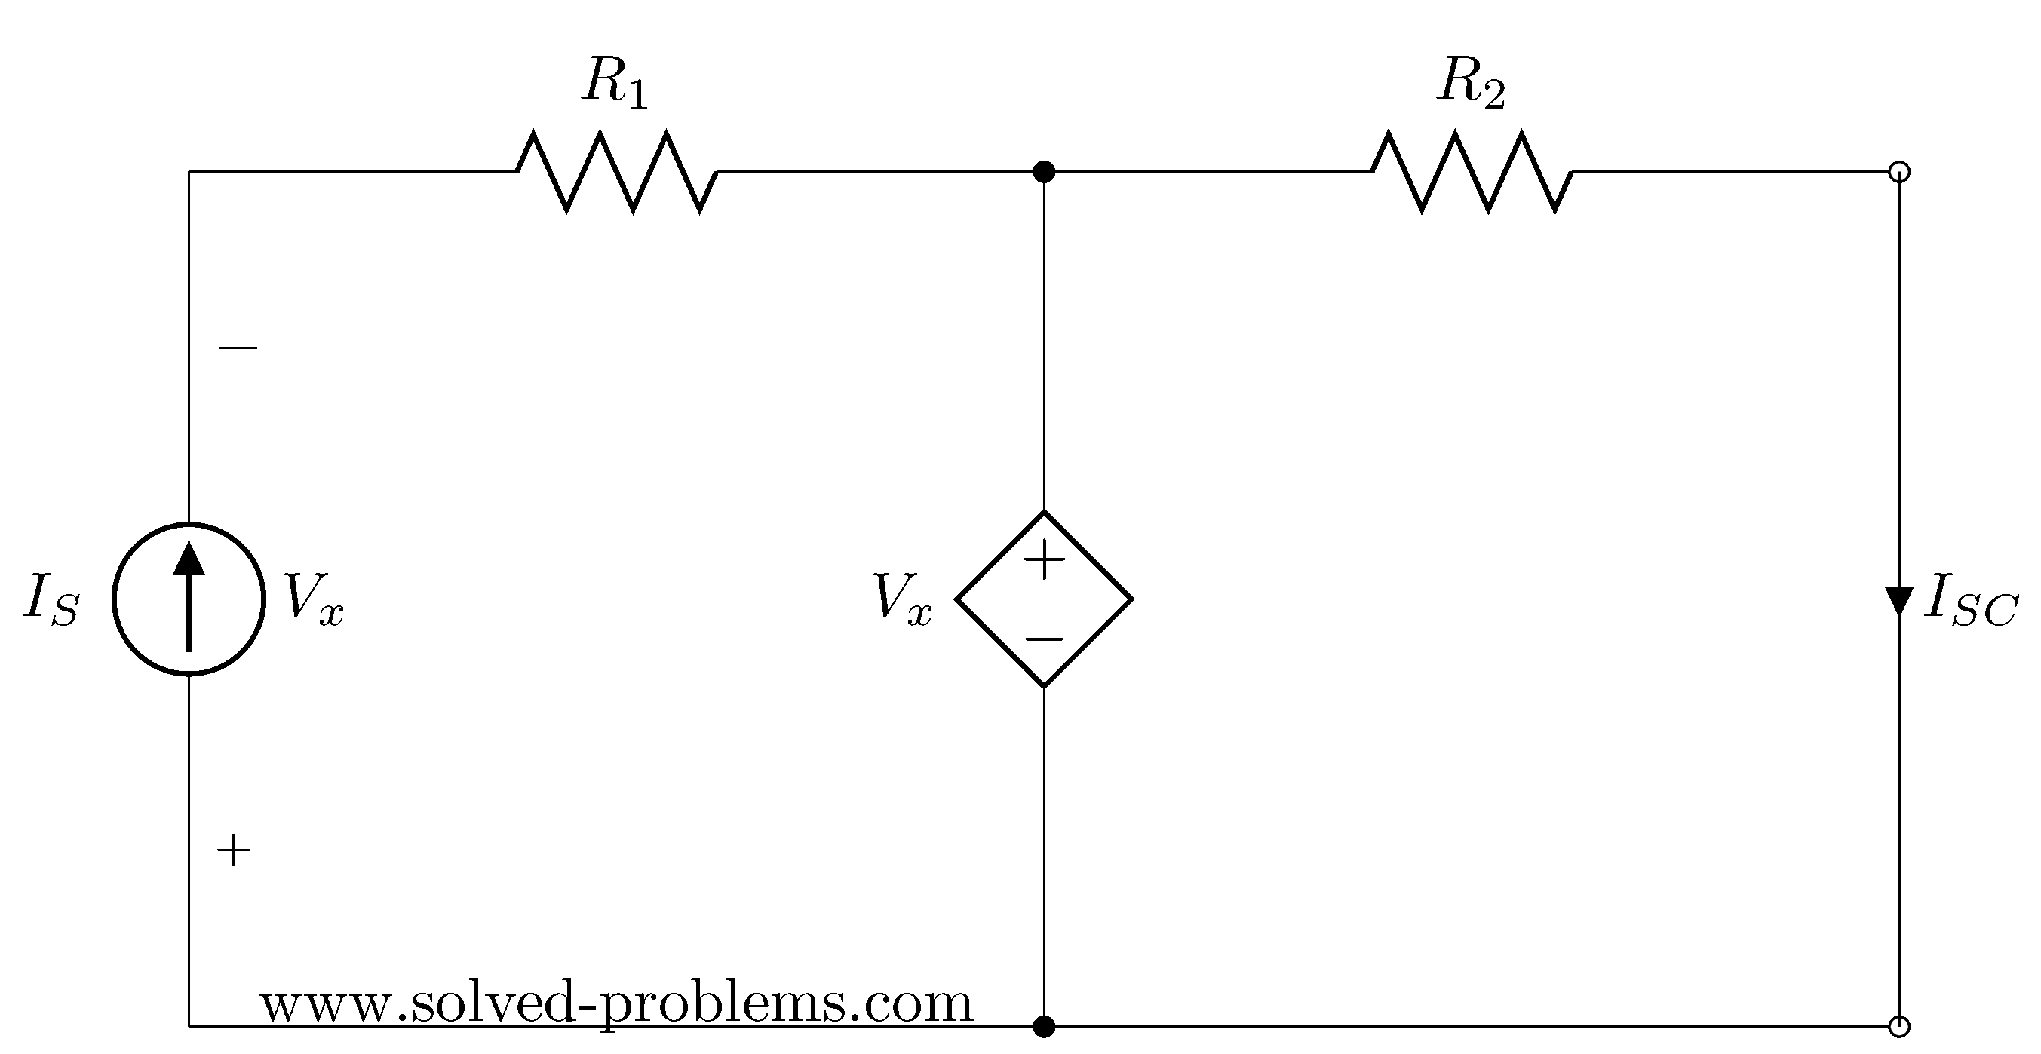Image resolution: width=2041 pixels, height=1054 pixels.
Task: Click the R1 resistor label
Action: coord(615,81)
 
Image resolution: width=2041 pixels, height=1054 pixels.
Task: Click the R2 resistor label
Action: coord(1471,81)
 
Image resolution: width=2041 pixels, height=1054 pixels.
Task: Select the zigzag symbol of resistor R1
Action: coord(616,172)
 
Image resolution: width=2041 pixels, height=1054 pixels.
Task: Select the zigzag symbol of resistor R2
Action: coord(1472,172)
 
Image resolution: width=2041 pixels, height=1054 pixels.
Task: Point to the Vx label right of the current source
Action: coord(314,599)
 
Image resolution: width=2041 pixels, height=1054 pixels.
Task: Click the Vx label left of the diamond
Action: coord(902,599)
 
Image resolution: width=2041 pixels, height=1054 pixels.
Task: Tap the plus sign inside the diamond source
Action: coord(1045,561)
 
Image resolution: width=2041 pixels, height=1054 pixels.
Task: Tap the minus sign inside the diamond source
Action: coord(1045,639)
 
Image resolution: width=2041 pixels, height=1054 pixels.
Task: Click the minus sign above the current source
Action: coord(238,347)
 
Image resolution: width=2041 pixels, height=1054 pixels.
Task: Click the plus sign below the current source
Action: coord(233,851)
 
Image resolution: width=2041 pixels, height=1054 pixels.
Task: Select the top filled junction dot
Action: coord(1045,172)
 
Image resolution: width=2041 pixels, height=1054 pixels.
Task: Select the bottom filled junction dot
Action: coord(1045,1027)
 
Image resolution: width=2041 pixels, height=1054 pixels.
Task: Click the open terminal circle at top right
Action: coord(1899,172)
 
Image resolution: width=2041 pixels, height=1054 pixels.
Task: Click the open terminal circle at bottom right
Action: coord(1899,1027)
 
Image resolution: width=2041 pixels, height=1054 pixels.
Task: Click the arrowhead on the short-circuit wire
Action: coord(1899,600)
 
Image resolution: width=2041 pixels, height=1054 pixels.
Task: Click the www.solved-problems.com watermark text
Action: coord(616,1004)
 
